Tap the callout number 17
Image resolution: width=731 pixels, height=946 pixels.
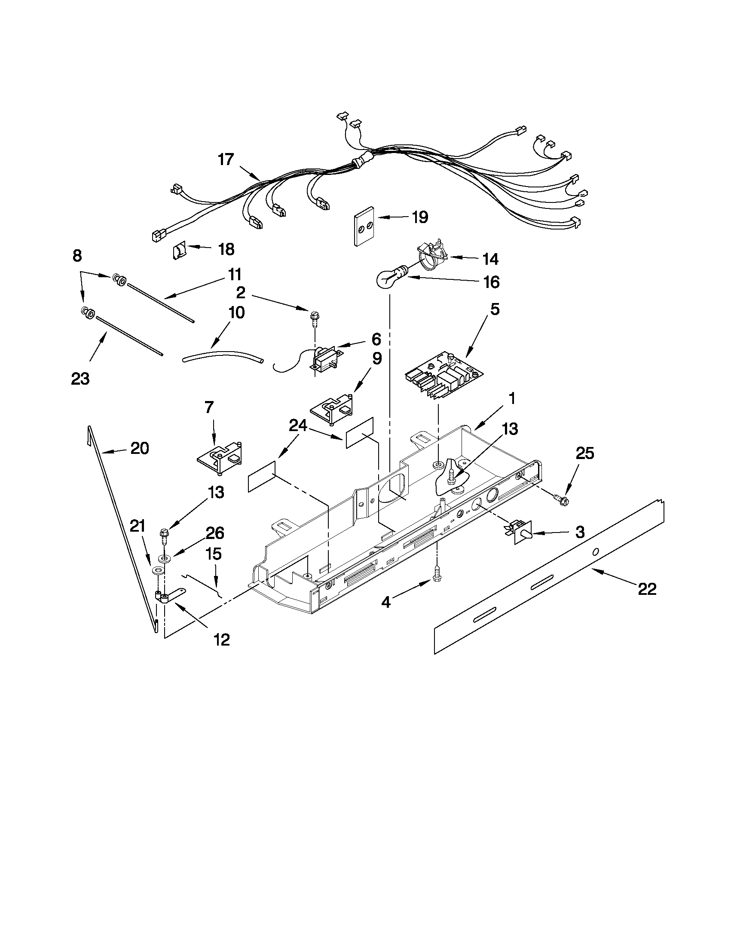click(x=225, y=159)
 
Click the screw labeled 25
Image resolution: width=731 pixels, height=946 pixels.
click(x=562, y=500)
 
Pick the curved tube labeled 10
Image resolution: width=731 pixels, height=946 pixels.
click(x=222, y=357)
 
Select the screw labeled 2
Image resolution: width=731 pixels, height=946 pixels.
click(x=313, y=319)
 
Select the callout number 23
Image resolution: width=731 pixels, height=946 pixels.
click(x=80, y=379)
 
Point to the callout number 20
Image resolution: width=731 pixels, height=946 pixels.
click(x=139, y=448)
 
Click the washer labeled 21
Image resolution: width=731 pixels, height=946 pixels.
click(x=159, y=570)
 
